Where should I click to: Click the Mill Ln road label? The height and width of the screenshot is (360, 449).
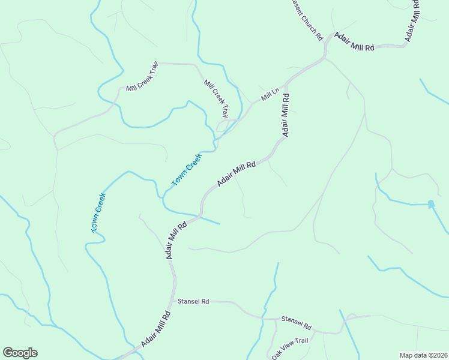[270, 95]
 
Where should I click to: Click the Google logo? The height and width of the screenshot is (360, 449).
[20, 353]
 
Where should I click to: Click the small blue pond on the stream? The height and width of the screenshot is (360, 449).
[431, 204]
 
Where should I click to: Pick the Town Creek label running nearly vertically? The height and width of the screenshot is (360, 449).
[98, 212]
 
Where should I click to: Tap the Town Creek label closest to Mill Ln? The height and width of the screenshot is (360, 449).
[186, 170]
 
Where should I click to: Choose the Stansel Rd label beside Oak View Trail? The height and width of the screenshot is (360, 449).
[297, 323]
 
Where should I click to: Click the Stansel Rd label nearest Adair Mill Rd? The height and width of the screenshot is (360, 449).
[193, 301]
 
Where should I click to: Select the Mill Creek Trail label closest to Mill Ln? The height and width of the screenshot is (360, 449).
[216, 98]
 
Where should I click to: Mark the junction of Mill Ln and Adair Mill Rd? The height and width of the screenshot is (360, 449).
[287, 84]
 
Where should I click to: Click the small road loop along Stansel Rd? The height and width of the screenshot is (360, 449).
[352, 316]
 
